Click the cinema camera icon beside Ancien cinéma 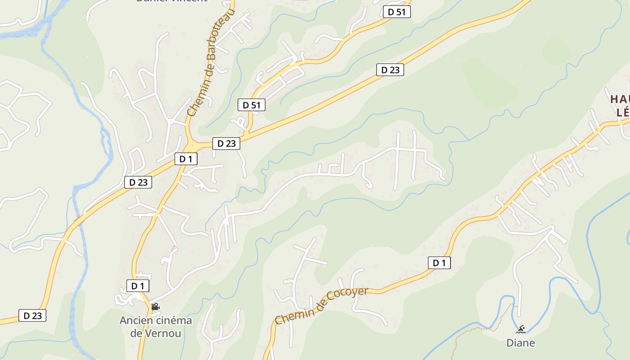155,307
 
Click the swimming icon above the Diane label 521,329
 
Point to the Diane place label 521,343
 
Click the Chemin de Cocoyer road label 321,306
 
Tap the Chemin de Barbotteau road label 211,63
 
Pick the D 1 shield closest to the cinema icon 138,286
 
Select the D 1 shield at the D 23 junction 186,159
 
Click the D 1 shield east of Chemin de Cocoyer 439,263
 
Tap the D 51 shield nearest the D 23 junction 252,105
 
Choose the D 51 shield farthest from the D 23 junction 397,12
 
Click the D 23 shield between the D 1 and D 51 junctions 226,144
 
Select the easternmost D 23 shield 390,70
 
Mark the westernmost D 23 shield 32,315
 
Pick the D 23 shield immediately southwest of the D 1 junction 138,182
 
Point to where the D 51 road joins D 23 247,135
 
